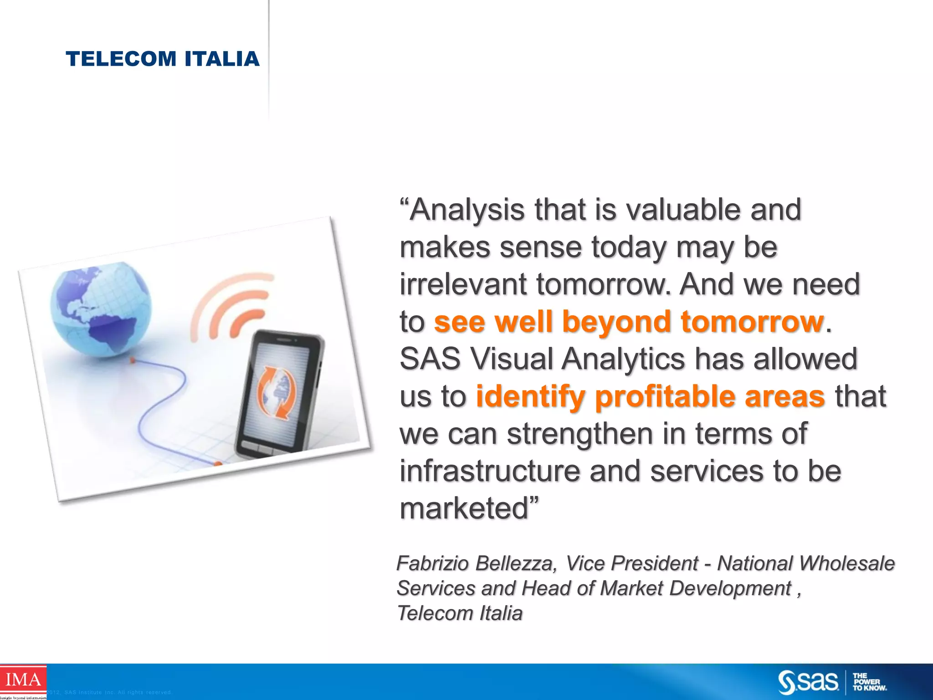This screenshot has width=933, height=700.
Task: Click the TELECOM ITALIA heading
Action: coord(163,59)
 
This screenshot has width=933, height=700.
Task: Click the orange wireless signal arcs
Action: coord(232,306)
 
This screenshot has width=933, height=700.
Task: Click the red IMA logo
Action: coord(23,679)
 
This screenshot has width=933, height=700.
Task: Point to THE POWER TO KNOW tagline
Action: coord(869,682)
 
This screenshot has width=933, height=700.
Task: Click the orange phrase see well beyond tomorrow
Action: coord(629,322)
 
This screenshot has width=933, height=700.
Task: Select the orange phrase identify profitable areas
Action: coord(650,396)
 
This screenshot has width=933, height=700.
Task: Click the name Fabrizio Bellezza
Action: coord(476,564)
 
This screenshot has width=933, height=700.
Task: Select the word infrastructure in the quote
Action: coord(490,471)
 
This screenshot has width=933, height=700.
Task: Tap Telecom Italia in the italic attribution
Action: coord(460,613)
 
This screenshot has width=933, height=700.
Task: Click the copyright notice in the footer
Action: coord(109,693)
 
